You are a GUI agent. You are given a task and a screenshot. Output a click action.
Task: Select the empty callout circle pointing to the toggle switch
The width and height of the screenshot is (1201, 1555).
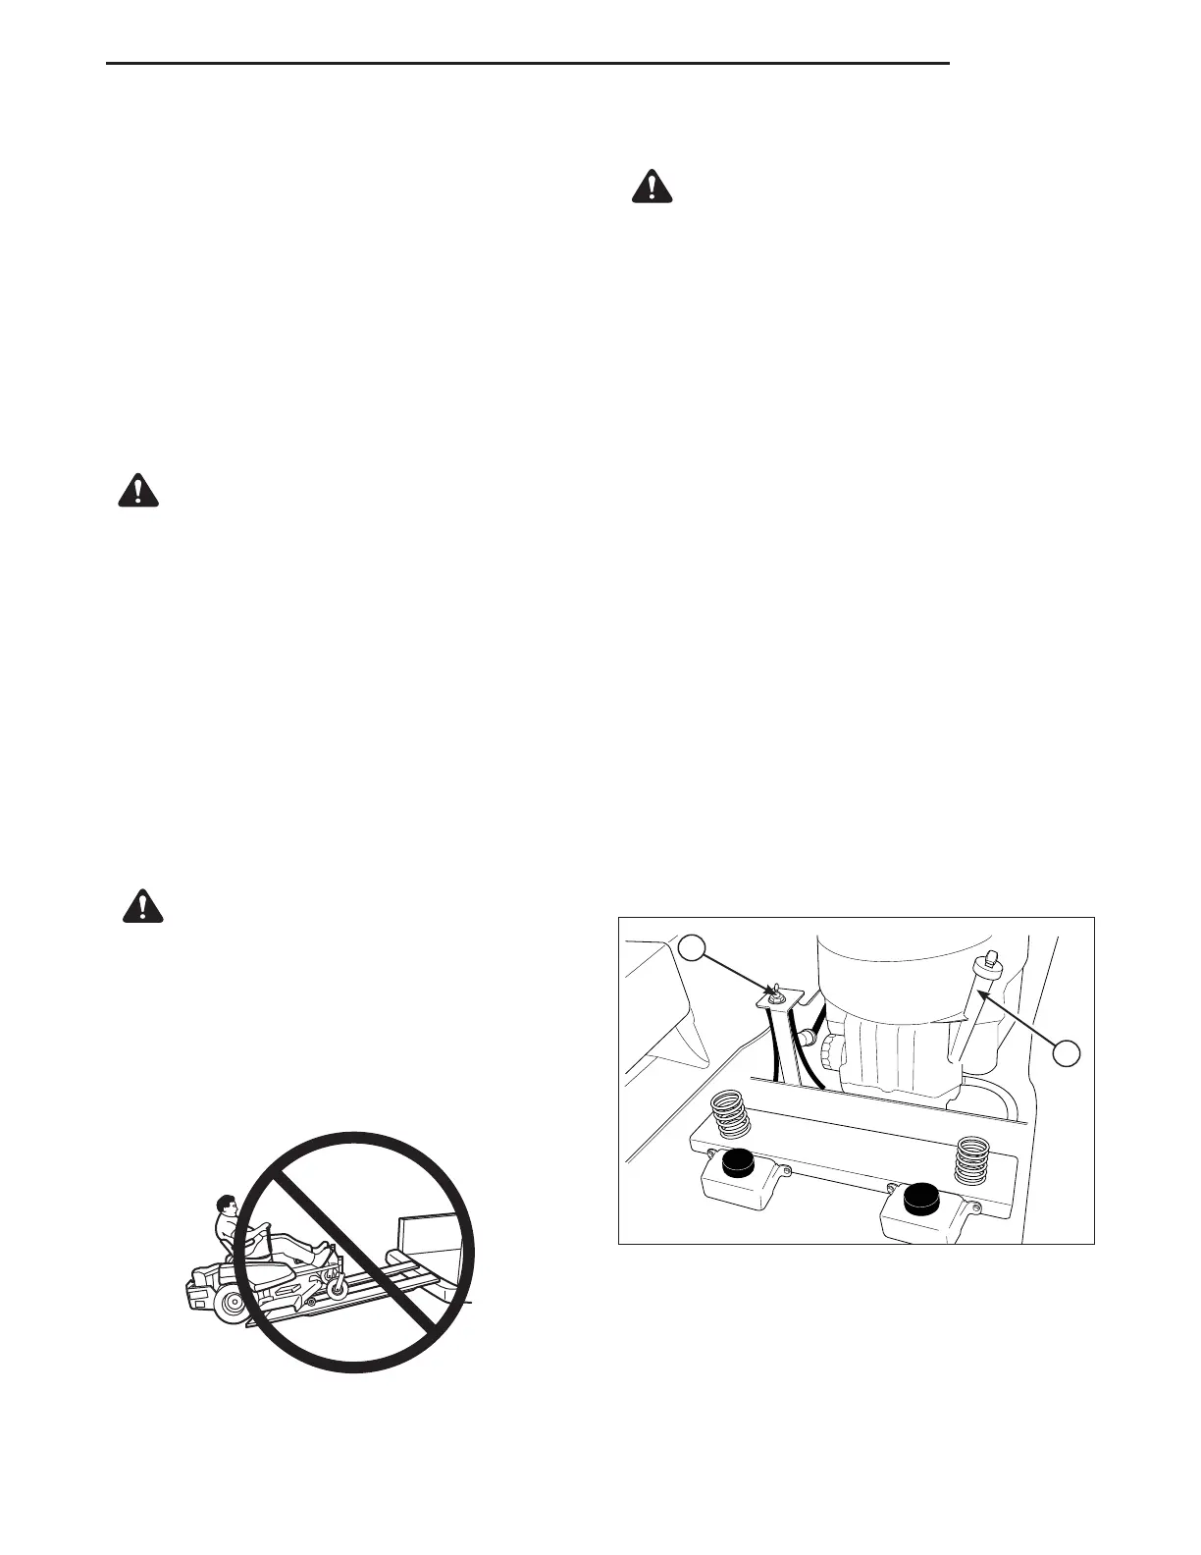pos(693,949)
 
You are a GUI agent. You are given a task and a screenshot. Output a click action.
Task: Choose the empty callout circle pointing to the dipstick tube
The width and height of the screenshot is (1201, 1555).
pos(1068,1052)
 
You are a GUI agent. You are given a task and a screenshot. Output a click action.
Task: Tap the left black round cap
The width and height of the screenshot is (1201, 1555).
pos(737,1164)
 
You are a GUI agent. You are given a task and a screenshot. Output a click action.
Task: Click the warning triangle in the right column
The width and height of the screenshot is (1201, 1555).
pos(652,187)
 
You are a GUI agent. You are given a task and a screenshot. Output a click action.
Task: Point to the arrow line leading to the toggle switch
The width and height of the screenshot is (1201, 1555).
pos(736,971)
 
